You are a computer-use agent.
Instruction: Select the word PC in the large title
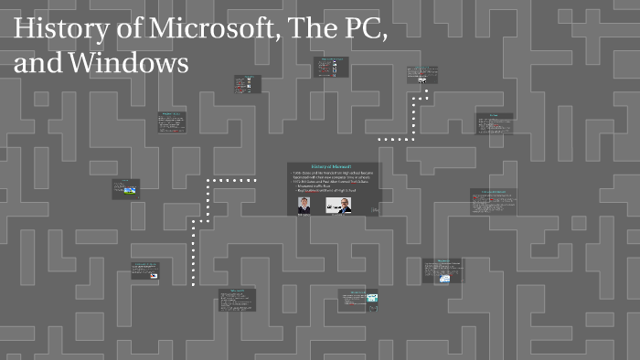[366, 30]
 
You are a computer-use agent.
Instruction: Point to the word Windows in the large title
[133, 64]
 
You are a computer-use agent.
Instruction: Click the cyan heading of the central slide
[332, 165]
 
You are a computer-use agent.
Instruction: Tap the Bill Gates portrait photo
[304, 205]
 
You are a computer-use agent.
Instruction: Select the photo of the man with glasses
[340, 205]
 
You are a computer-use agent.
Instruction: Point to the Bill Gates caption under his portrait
[303, 215]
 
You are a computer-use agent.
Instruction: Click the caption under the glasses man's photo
[339, 215]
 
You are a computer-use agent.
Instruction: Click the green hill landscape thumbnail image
[133, 191]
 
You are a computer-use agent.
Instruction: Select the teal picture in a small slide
[372, 298]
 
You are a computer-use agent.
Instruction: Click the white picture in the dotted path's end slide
[422, 79]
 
